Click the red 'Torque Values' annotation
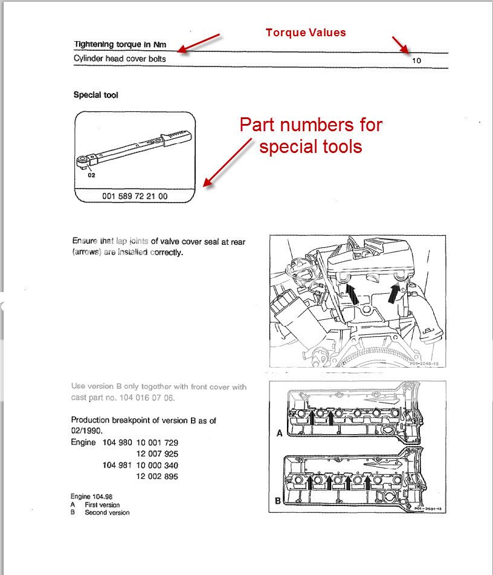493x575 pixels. click(x=306, y=32)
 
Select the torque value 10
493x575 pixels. click(x=416, y=60)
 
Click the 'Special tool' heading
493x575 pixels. click(x=96, y=95)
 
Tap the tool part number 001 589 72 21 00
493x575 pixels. click(x=135, y=197)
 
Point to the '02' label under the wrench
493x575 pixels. click(x=91, y=175)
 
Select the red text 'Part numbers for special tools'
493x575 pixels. click(x=311, y=135)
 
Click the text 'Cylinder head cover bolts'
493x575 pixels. click(x=120, y=59)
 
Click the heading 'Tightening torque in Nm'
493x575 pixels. click(x=120, y=44)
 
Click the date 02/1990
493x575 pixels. click(x=89, y=430)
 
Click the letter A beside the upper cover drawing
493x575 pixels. click(x=279, y=434)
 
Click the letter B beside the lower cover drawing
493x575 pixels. click(x=278, y=501)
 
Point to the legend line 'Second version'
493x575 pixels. click(x=107, y=513)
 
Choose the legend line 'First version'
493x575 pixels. click(x=102, y=505)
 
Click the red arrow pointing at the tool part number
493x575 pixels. click(x=227, y=162)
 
